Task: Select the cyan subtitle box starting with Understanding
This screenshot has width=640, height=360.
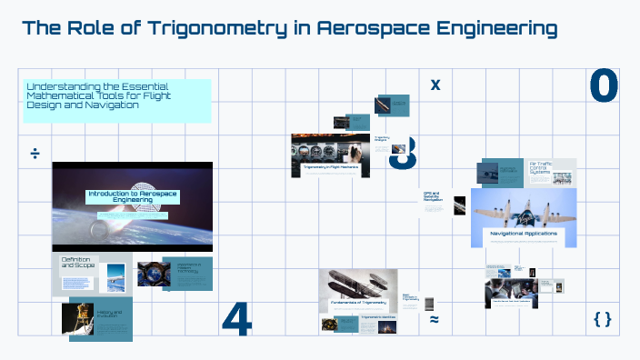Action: pos(117,100)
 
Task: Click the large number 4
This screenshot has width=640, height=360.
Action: pos(236,319)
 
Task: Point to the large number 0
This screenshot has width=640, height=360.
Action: pos(604,86)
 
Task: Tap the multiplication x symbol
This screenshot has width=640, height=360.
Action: pos(435,85)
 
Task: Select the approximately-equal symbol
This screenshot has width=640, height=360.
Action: pos(435,319)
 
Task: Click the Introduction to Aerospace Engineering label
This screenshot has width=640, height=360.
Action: pos(133,197)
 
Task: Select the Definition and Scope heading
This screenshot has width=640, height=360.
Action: pos(76,264)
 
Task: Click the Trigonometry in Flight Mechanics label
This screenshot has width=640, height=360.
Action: pos(331,167)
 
